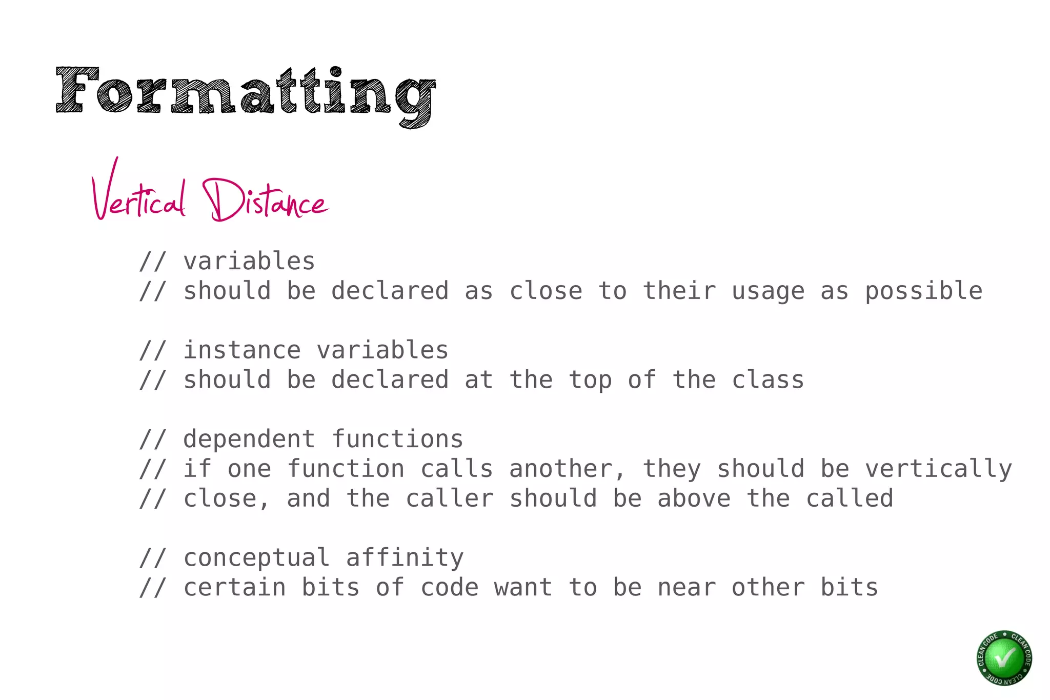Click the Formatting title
click(245, 92)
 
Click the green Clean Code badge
click(1004, 657)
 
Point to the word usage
click(768, 291)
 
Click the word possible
click(923, 291)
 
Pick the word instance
click(242, 351)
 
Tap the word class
click(768, 380)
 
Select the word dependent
click(249, 439)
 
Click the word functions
click(397, 439)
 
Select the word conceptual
click(256, 558)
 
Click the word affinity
click(405, 558)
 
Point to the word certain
click(234, 588)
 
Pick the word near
click(686, 588)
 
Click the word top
click(590, 380)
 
